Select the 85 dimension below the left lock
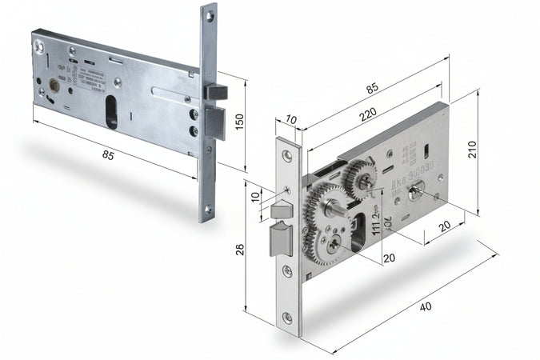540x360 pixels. pyautogui.click(x=108, y=155)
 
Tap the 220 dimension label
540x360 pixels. pyautogui.click(x=367, y=115)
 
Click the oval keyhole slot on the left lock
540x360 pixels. pyautogui.click(x=111, y=112)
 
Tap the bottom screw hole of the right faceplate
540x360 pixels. pyautogui.click(x=287, y=318)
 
